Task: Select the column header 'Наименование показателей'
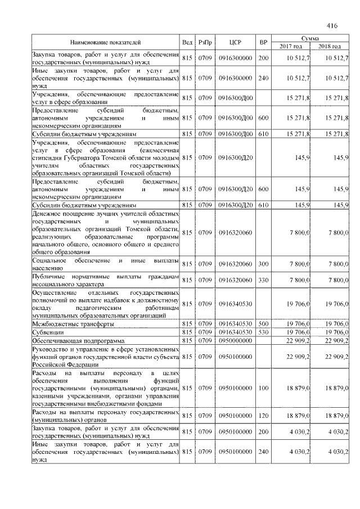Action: pyautogui.click(x=105, y=42)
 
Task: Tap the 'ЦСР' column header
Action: pyautogui.click(x=236, y=42)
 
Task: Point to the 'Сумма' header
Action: pyautogui.click(x=310, y=37)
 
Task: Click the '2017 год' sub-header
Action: pyautogui.click(x=291, y=46)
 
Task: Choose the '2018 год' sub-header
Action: pyautogui.click(x=330, y=46)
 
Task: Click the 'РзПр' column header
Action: pyautogui.click(x=205, y=42)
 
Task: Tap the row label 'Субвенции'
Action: pyautogui.click(x=47, y=332)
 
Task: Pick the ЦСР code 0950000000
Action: pyautogui.click(x=236, y=341)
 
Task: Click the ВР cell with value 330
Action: pyautogui.click(x=263, y=280)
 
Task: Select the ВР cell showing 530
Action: pyautogui.click(x=263, y=332)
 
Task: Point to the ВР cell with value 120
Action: pyautogui.click(x=263, y=416)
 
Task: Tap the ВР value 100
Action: pyautogui.click(x=263, y=388)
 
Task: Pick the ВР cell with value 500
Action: pyautogui.click(x=263, y=325)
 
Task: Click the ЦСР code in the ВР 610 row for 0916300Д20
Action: pyautogui.click(x=236, y=205)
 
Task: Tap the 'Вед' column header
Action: pyautogui.click(x=187, y=42)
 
